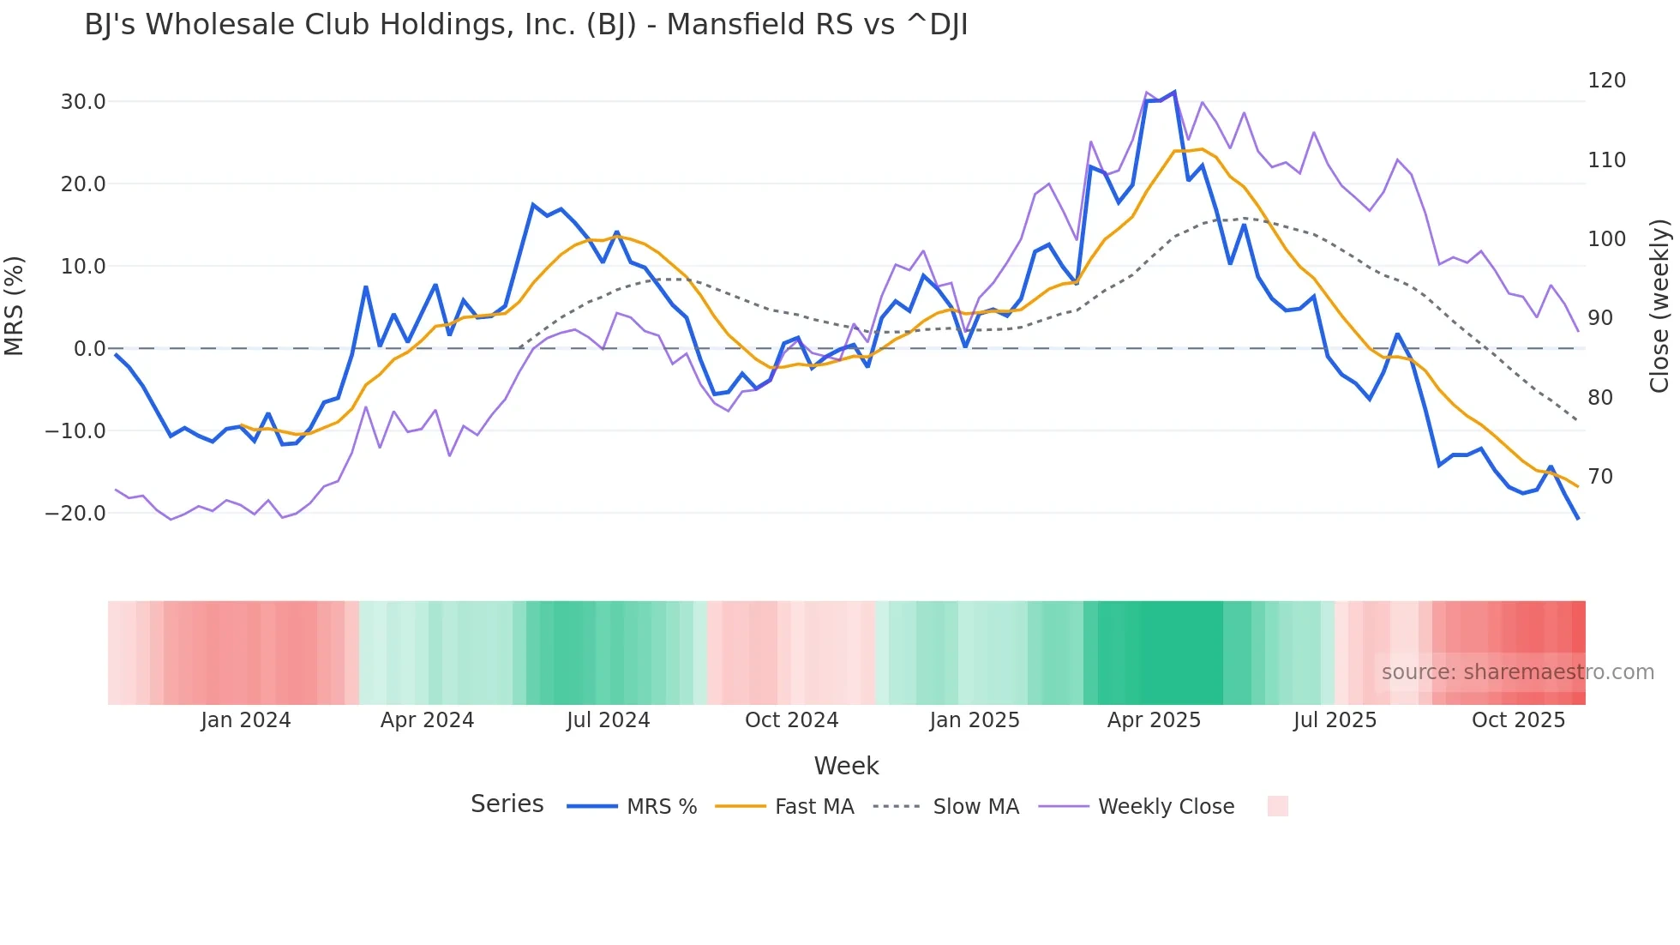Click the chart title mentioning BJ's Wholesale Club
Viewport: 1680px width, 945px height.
[525, 25]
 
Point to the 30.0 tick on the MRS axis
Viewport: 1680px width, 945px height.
[83, 102]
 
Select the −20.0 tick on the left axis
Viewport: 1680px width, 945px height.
[75, 514]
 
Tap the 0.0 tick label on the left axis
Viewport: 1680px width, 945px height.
[89, 349]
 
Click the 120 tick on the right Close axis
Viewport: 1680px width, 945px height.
[1606, 81]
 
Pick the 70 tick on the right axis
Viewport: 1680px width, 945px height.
[1600, 477]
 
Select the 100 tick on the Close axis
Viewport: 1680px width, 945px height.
[1606, 239]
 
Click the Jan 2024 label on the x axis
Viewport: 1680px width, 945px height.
[246, 720]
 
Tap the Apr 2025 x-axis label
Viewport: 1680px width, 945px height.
[1154, 720]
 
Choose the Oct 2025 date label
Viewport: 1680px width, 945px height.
[1518, 720]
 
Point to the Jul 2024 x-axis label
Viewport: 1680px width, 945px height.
[608, 720]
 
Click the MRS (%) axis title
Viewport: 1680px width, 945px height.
[15, 306]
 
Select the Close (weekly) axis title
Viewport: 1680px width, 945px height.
[1660, 306]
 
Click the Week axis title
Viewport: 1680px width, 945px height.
[846, 766]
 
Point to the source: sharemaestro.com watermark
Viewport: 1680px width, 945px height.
[1517, 672]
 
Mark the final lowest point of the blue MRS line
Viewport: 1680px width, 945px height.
[1577, 518]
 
